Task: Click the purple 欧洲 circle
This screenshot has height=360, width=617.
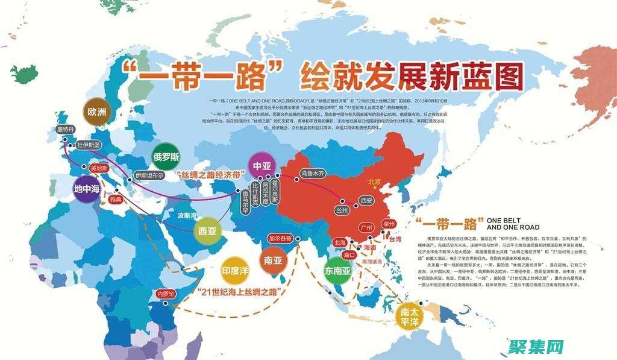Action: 96,113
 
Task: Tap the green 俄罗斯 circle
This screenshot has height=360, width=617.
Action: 167,157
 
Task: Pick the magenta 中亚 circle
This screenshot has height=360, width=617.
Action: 262,166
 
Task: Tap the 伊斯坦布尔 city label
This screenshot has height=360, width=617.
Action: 149,175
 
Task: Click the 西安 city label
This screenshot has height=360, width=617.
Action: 366,200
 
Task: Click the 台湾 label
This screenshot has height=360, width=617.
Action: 394,239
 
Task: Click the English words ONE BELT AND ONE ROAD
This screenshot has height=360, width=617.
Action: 513,224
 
